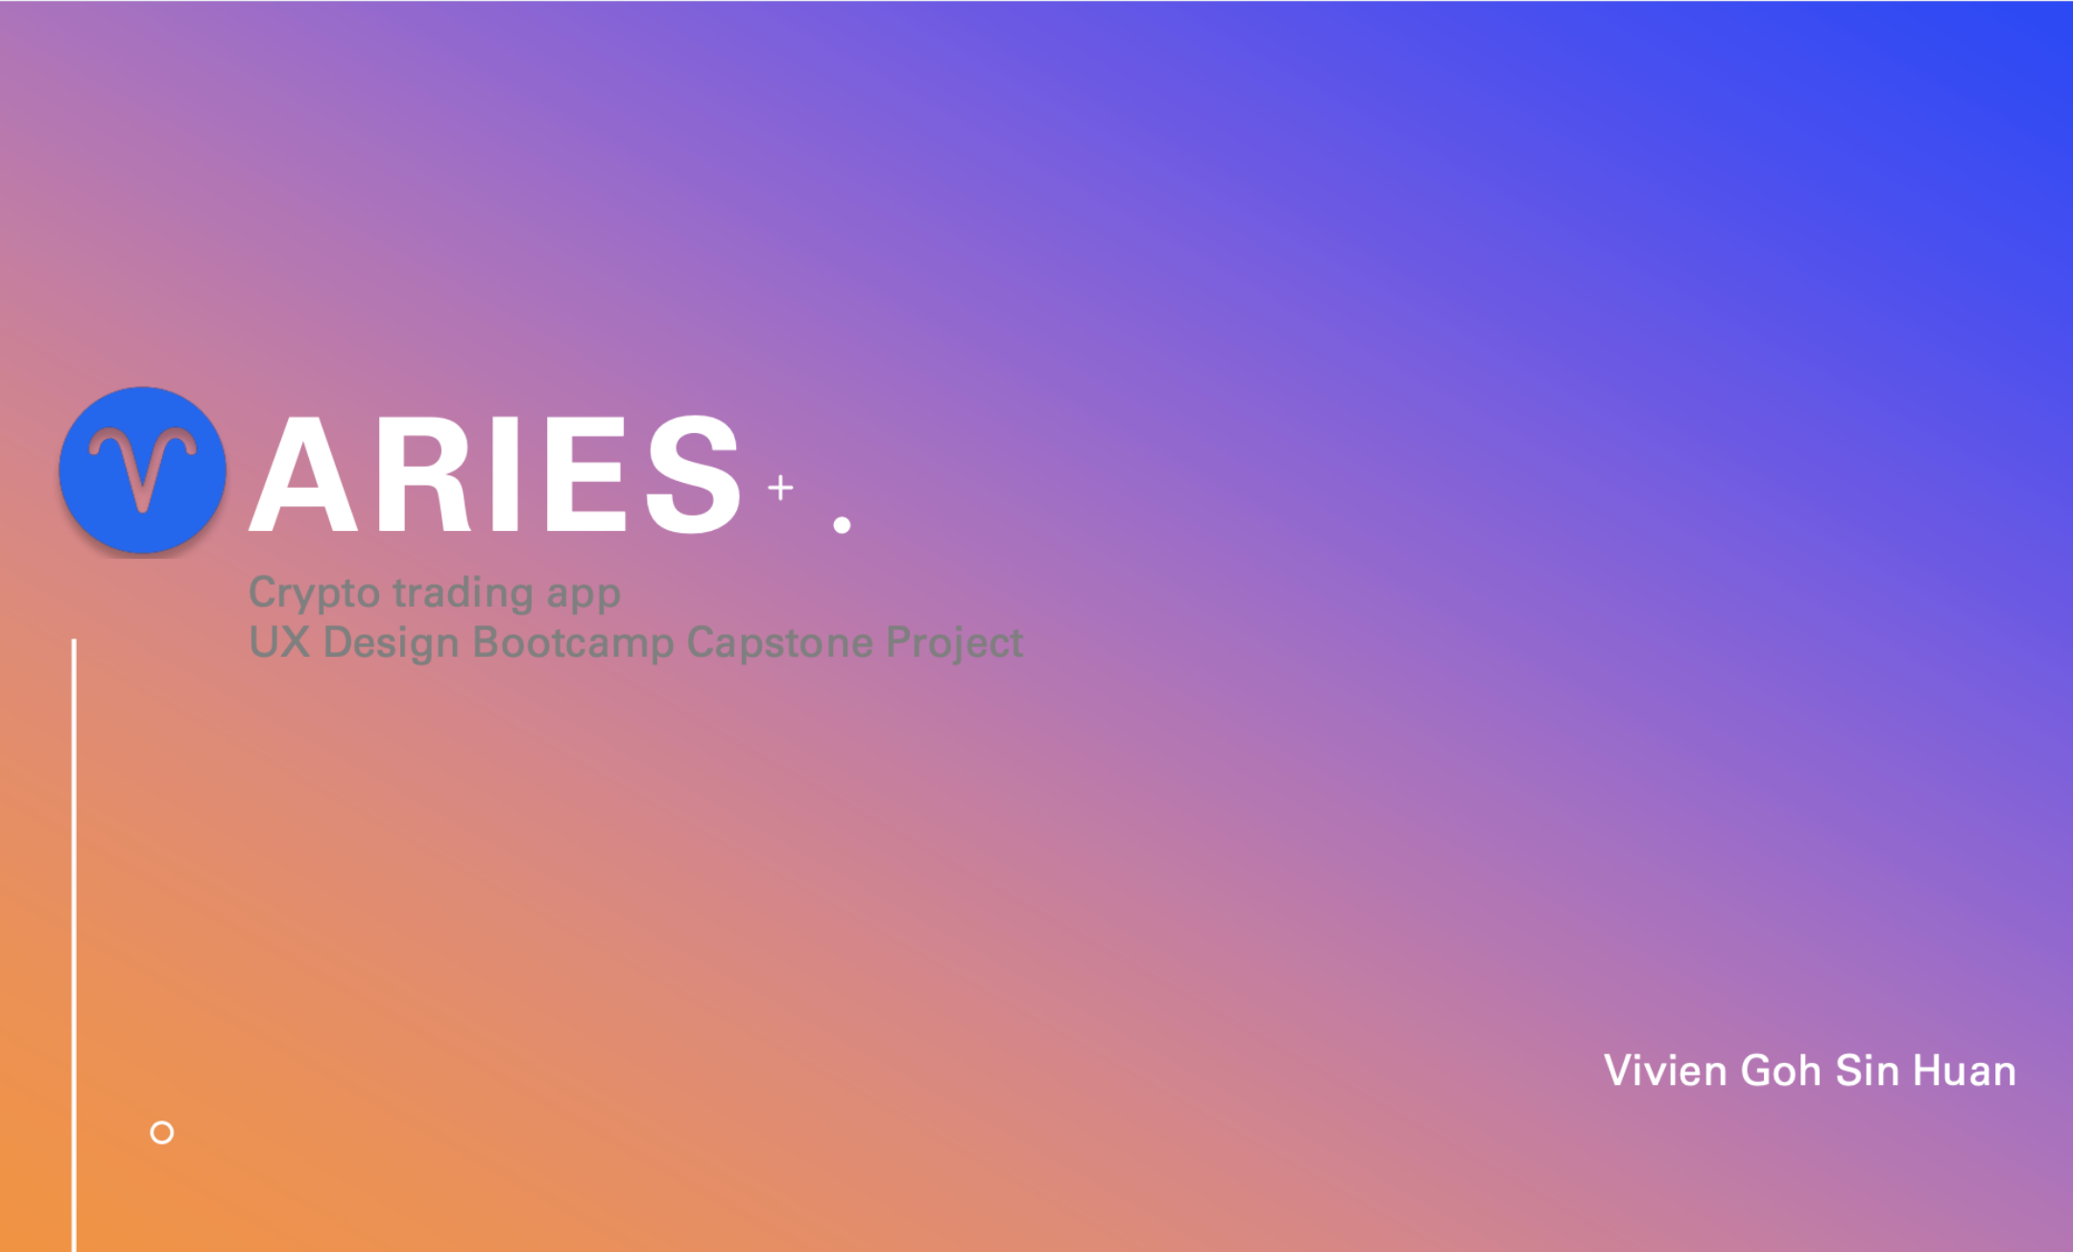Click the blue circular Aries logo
click(143, 470)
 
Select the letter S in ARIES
click(693, 473)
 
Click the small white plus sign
click(780, 488)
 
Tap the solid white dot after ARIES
click(842, 524)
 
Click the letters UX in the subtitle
click(279, 642)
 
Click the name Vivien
click(1665, 1071)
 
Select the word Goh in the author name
click(1780, 1071)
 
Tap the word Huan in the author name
click(1965, 1071)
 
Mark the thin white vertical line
click(74, 945)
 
